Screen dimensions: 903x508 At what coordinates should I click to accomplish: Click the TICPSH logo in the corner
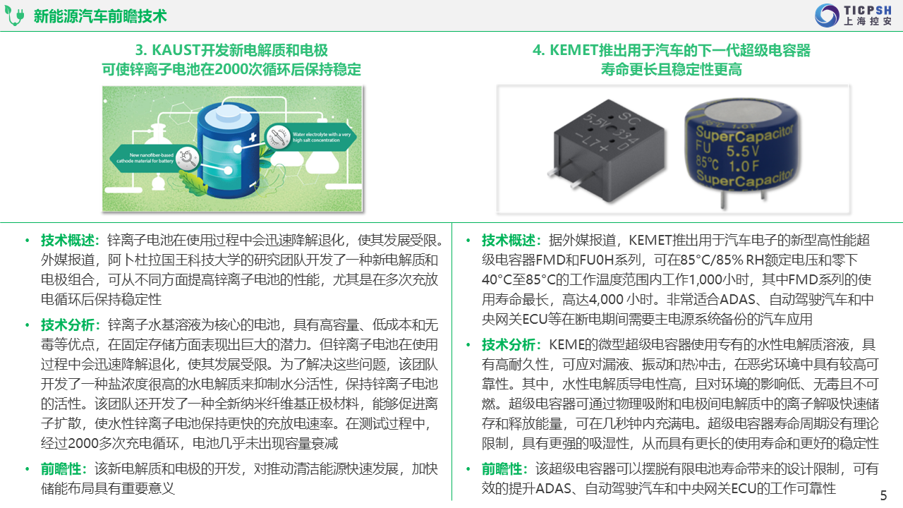(854, 16)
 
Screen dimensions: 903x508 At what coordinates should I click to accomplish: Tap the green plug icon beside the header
(15, 16)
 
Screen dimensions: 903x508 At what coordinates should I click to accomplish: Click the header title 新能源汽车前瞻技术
(100, 16)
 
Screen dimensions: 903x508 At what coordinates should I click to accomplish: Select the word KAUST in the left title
(176, 50)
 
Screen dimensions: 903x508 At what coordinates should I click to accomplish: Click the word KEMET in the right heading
(574, 50)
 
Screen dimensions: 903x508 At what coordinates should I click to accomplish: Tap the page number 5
(884, 495)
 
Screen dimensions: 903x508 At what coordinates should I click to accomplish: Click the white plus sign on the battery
(253, 137)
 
